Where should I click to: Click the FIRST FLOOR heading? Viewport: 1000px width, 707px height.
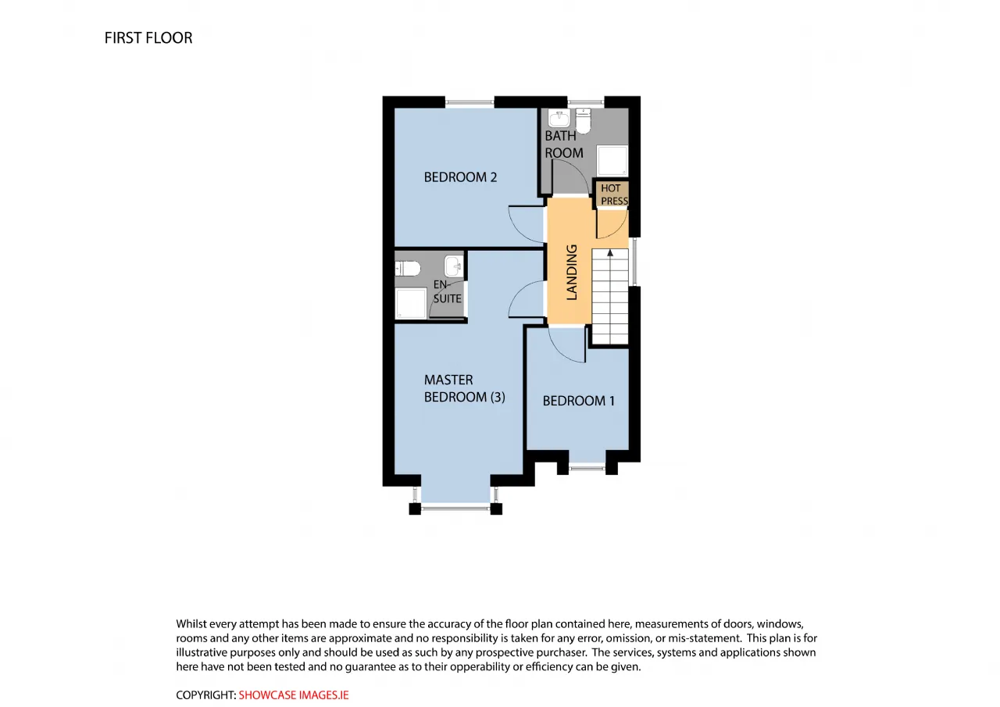148,38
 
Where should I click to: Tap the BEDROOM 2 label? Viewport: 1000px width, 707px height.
460,177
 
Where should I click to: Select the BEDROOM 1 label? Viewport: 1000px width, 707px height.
579,401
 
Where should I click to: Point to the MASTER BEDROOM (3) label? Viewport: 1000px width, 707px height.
464,388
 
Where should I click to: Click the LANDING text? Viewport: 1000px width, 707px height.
572,272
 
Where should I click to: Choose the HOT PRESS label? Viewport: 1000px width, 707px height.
614,195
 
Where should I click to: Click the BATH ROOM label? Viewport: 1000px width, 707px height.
564,145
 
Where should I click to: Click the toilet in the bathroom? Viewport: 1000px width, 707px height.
583,120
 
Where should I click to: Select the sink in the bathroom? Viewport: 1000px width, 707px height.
559,118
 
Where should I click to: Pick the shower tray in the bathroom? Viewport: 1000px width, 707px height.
612,160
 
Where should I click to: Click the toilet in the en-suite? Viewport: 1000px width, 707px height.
408,269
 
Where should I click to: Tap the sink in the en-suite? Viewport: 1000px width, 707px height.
453,266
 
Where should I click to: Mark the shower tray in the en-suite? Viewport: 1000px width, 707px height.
411,304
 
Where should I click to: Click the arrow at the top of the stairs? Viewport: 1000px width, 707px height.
610,253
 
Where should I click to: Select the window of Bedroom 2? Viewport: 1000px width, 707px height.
470,103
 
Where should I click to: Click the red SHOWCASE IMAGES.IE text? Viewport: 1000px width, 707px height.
293,695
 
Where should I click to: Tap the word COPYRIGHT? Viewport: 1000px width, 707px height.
205,695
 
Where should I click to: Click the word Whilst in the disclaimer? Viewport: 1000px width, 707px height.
191,623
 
